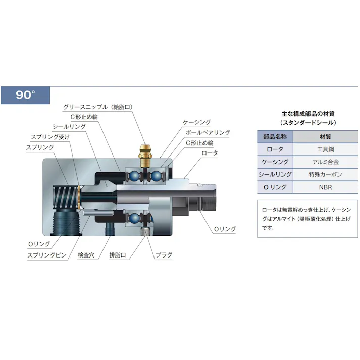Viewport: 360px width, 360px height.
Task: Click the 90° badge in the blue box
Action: [x=25, y=95]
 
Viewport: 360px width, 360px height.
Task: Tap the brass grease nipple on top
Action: [x=145, y=156]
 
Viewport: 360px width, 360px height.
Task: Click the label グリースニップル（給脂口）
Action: [x=98, y=107]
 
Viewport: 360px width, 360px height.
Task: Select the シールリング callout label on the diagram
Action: [x=69, y=127]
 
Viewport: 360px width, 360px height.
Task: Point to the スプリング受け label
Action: [x=50, y=137]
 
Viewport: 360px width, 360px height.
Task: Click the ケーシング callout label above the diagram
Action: [x=197, y=122]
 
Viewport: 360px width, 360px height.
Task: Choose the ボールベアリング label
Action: [x=208, y=133]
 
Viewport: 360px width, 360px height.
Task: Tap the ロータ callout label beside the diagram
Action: [x=210, y=153]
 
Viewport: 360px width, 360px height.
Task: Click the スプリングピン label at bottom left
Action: [x=47, y=255]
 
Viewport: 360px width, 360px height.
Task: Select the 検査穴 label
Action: [x=86, y=255]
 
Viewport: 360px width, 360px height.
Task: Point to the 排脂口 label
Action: [x=118, y=255]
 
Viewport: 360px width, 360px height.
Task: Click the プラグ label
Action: [x=164, y=255]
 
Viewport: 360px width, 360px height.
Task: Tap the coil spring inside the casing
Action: [x=66, y=197]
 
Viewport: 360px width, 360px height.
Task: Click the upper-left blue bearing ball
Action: [x=134, y=176]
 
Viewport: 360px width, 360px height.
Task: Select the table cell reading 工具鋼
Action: [x=325, y=149]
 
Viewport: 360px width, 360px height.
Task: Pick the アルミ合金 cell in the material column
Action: [x=325, y=162]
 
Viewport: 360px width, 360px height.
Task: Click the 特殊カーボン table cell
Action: [x=325, y=175]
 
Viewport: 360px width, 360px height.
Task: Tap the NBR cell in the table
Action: [x=325, y=187]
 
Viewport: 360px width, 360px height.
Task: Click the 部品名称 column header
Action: [x=275, y=137]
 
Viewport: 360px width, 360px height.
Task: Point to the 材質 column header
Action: [x=325, y=137]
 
